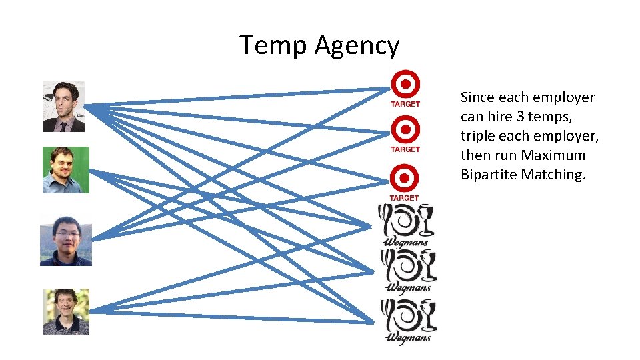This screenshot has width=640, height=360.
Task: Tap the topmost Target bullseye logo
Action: [x=405, y=84]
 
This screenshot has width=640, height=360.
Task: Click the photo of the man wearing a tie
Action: [x=63, y=106]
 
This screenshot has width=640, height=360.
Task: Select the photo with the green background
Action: [x=65, y=170]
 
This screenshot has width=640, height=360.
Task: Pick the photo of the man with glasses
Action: [x=65, y=241]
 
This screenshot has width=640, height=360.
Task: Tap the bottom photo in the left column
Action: [x=65, y=311]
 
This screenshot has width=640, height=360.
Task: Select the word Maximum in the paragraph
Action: [x=553, y=155]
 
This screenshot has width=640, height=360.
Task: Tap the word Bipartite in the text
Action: [x=489, y=175]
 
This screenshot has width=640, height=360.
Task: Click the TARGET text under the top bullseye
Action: [x=405, y=104]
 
